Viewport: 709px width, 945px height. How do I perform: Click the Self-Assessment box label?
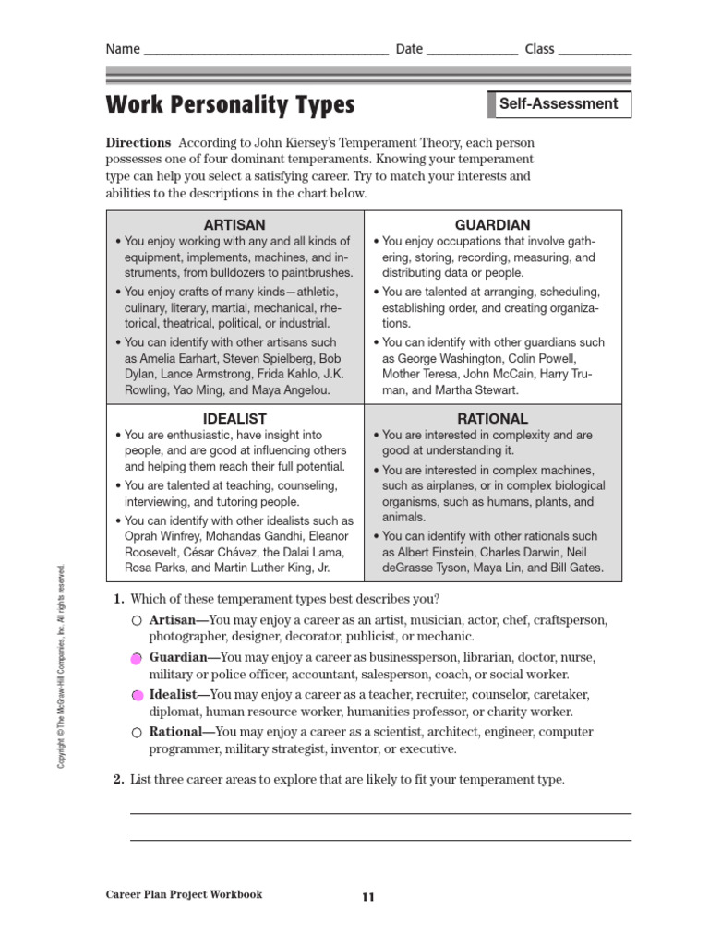click(x=559, y=104)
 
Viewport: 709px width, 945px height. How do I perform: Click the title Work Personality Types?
click(x=231, y=105)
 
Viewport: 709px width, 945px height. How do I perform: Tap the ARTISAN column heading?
click(x=234, y=224)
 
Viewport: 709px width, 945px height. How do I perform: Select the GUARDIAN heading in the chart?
click(x=493, y=224)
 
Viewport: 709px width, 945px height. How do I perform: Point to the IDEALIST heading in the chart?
click(x=234, y=418)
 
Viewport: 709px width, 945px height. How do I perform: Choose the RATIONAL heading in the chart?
click(x=493, y=418)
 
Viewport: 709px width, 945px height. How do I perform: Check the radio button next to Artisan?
click(x=137, y=621)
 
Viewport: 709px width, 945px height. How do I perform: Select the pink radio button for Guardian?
click(x=137, y=659)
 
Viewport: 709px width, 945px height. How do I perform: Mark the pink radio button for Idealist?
click(x=137, y=695)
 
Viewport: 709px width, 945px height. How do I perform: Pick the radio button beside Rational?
click(x=137, y=733)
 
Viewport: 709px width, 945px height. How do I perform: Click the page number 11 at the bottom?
click(x=368, y=896)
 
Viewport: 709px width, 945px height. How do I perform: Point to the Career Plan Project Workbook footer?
click(x=185, y=894)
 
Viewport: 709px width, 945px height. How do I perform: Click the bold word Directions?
click(x=138, y=143)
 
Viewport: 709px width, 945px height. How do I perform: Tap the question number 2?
click(x=118, y=780)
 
